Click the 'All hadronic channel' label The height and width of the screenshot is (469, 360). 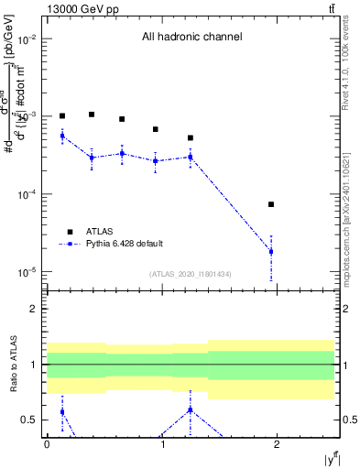point(191,38)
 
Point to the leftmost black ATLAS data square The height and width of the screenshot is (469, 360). point(62,116)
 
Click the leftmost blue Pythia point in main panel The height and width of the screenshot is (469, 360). point(62,136)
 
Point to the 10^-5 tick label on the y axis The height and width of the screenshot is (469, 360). point(25,272)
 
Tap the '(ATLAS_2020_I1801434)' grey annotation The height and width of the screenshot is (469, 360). point(191,274)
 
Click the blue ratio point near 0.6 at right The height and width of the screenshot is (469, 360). point(191,409)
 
